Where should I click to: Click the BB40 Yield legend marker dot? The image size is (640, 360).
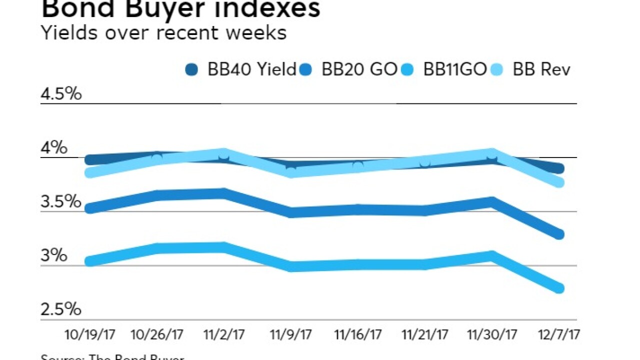(191, 69)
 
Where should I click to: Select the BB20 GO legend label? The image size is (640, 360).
(359, 69)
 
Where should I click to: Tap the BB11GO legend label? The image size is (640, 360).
(455, 69)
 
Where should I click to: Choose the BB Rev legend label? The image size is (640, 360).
(541, 69)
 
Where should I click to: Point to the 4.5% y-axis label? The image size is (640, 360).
(61, 93)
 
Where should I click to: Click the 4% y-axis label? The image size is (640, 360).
(54, 147)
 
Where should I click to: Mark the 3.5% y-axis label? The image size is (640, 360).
(61, 201)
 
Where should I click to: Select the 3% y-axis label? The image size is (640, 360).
(54, 255)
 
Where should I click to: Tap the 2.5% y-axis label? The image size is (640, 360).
(61, 309)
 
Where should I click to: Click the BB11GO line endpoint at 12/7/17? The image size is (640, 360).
(559, 288)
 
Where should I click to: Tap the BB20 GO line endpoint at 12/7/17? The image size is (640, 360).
(559, 234)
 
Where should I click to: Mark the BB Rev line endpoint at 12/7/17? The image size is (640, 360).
(559, 182)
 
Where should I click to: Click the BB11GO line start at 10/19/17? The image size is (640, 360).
(90, 261)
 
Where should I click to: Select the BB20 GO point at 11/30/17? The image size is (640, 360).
(492, 202)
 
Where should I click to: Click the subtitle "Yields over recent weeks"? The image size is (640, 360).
(164, 33)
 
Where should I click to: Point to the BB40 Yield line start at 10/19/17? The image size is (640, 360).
(90, 160)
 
